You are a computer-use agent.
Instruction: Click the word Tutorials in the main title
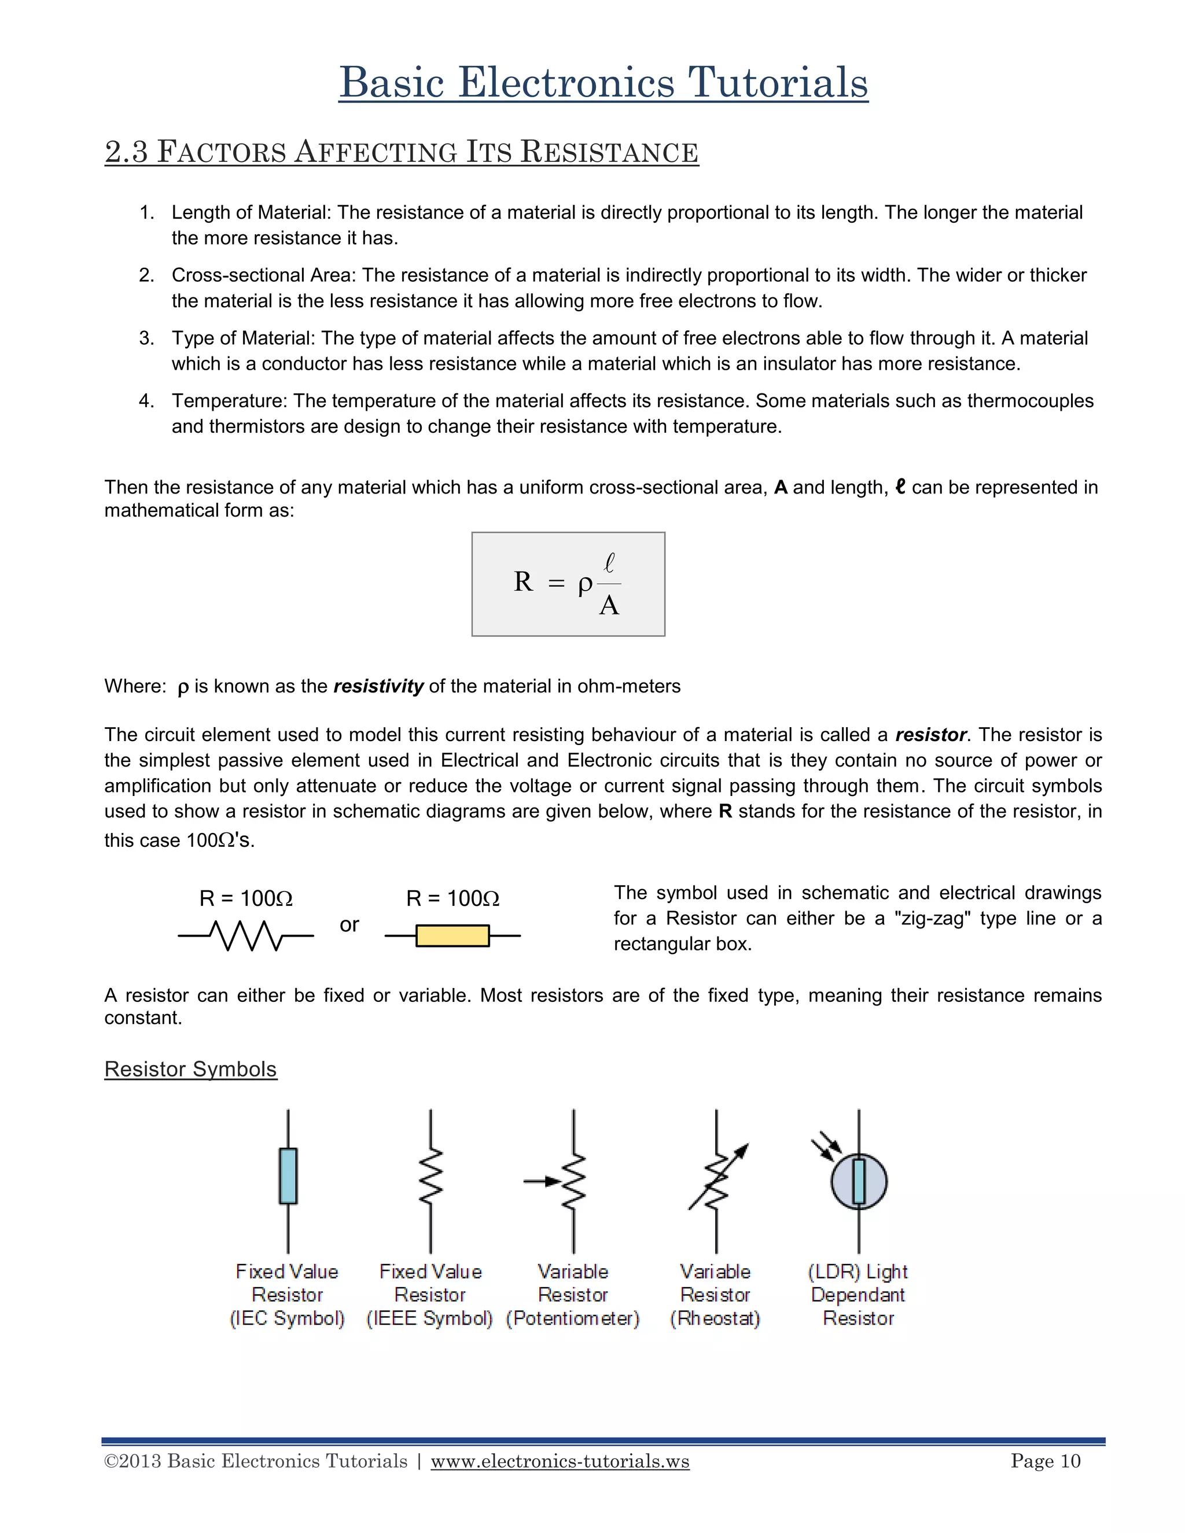pos(777,83)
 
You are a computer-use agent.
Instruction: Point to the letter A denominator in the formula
pos(609,606)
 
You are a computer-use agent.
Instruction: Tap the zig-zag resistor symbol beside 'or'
pos(246,935)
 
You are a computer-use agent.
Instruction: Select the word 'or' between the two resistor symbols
pos(349,925)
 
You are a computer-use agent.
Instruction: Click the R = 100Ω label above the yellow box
pos(453,898)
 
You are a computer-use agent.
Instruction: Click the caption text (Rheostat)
pos(715,1318)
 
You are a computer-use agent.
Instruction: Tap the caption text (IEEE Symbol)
pos(430,1318)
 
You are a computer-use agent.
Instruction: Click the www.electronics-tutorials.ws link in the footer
pos(560,1461)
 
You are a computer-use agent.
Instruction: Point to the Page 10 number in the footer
pos(1046,1461)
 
